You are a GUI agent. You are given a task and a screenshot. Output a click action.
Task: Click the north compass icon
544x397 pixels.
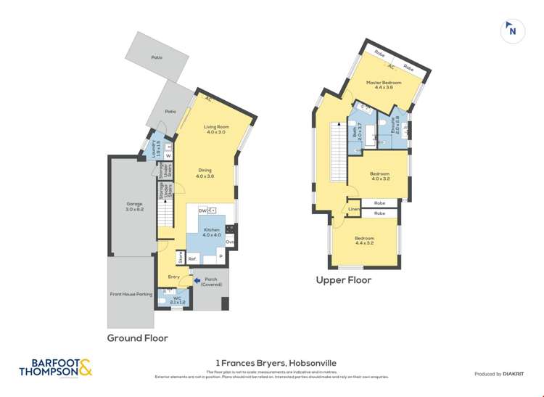coord(513,31)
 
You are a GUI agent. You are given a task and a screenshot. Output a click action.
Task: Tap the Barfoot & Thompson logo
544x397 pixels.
coord(56,368)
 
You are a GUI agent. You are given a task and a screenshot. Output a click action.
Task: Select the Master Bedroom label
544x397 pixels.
coord(384,85)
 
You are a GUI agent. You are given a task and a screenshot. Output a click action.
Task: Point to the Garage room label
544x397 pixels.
coord(134,206)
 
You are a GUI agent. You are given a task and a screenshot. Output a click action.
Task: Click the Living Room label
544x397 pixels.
coord(216,129)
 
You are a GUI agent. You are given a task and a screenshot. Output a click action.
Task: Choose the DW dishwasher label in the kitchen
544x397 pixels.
coord(202,210)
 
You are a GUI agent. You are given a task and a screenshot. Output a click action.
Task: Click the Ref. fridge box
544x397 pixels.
coord(193,258)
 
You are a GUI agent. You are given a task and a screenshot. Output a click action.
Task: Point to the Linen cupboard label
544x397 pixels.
coord(353,210)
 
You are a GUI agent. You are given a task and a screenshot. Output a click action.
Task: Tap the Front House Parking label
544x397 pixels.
coord(131,294)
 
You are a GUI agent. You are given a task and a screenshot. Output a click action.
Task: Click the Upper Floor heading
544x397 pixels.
coord(343,280)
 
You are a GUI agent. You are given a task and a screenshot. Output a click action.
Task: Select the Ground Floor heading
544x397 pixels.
coord(138,337)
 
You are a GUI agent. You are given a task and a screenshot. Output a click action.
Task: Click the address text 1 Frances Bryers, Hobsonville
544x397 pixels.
coord(276,363)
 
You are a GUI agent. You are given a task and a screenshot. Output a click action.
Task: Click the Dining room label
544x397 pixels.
coord(205,173)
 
